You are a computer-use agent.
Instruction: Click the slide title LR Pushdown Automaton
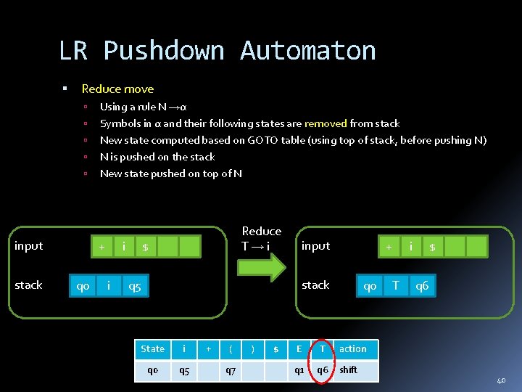217,51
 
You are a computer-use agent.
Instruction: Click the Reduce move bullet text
117,89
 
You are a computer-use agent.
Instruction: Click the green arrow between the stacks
262,267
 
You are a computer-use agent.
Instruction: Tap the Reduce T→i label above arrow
261,238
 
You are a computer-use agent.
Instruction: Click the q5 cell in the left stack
134,286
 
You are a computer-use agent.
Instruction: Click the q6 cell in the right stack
422,286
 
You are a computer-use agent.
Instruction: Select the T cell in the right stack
395,286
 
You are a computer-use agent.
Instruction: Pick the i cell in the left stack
109,286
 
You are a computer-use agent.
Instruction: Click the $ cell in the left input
145,247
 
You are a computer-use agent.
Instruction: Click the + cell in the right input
389,247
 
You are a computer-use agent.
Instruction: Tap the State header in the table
152,349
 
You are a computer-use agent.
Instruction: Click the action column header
353,349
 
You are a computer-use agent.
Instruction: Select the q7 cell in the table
231,370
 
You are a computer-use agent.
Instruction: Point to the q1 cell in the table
299,370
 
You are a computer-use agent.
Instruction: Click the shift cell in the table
349,370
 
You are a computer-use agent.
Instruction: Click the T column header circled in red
322,349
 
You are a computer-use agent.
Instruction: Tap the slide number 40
501,380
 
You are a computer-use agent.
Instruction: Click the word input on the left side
29,246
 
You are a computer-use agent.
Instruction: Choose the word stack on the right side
315,285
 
